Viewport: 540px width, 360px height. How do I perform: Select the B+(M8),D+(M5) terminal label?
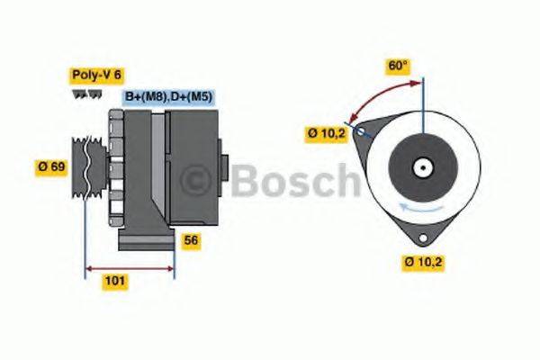pyautogui.click(x=168, y=97)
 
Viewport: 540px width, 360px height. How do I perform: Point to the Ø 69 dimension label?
pyautogui.click(x=51, y=166)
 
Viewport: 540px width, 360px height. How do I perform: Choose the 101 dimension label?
pyautogui.click(x=115, y=281)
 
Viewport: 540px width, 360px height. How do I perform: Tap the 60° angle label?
pyautogui.click(x=397, y=65)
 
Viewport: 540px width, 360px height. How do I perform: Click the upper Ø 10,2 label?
pyautogui.click(x=325, y=133)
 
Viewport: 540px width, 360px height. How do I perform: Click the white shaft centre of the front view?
pyautogui.click(x=420, y=167)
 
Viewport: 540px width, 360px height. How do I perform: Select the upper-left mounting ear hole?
pyautogui.click(x=360, y=132)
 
